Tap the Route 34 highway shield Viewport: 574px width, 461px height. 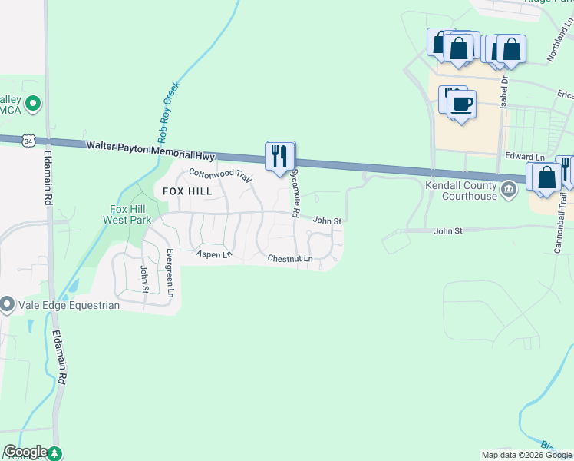click(28, 141)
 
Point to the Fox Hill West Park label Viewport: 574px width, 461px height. click(129, 214)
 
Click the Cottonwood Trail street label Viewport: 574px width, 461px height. click(221, 174)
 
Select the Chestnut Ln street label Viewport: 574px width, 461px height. click(290, 259)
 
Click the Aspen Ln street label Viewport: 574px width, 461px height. click(213, 254)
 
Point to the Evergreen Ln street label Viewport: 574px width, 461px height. click(170, 272)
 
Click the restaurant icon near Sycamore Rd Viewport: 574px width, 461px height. click(279, 156)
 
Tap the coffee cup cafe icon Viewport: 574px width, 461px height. click(461, 104)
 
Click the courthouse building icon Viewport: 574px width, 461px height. click(508, 189)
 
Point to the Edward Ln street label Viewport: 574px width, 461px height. click(524, 157)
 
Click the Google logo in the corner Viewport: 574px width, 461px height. click(25, 452)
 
